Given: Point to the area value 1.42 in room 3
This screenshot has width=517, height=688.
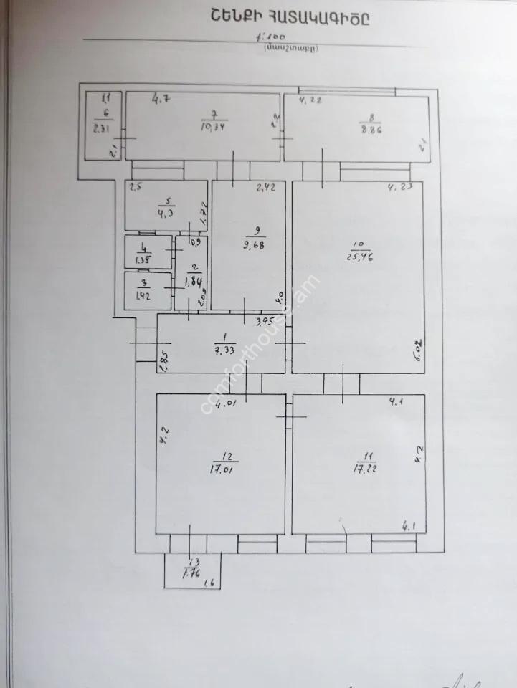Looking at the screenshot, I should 147,294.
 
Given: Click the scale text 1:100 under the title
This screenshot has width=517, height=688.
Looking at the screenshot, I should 275,35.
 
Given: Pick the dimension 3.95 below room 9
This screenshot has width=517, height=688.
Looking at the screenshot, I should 267,320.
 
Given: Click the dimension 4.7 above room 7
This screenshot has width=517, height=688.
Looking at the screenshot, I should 161,99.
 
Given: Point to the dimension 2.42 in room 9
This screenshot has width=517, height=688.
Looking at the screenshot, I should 266,188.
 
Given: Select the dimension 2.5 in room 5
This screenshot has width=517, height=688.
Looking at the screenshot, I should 136,188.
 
